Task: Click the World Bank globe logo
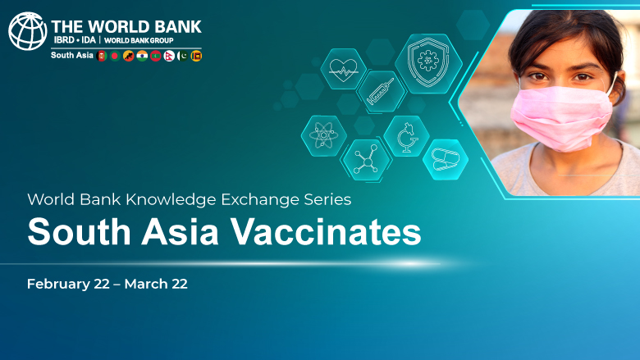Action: tap(28, 31)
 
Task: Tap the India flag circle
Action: tap(142, 56)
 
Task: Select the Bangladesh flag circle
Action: tap(115, 56)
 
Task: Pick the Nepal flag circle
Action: tap(169, 56)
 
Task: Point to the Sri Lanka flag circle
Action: tap(196, 56)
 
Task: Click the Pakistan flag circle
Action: tap(182, 56)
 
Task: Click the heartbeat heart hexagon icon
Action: tap(343, 69)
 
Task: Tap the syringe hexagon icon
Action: tap(381, 92)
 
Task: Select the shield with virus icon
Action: tap(428, 64)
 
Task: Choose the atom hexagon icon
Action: tap(323, 136)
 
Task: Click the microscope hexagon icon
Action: tap(406, 136)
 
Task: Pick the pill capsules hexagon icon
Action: tap(446, 159)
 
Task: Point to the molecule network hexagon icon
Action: tap(366, 160)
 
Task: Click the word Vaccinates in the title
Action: tap(326, 232)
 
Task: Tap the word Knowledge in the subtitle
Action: tap(171, 199)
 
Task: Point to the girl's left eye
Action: tap(583, 76)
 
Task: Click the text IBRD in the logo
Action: tap(64, 40)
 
